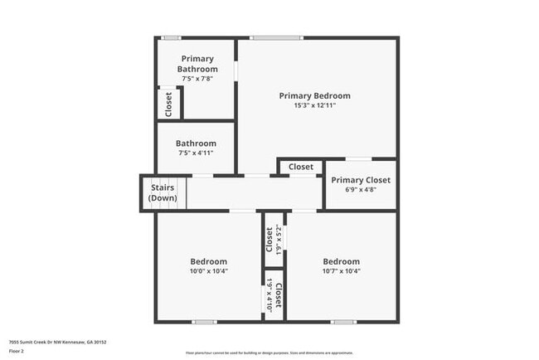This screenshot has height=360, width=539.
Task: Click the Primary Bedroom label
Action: [314, 95]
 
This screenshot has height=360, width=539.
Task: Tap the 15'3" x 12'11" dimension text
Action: [314, 106]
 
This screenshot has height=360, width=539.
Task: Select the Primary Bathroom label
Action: [197, 63]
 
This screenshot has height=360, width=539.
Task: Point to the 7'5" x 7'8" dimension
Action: [197, 79]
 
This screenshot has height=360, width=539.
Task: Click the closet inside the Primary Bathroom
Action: [168, 103]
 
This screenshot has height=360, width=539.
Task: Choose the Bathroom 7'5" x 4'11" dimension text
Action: [197, 153]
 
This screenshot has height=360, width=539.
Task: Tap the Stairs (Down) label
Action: [162, 193]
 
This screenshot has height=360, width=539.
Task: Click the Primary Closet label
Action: [360, 180]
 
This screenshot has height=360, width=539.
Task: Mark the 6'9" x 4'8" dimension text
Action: [360, 190]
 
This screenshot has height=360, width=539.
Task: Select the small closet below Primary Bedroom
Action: [301, 167]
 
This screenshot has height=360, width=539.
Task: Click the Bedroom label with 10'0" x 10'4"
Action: [208, 261]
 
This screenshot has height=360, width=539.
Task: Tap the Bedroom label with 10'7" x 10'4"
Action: [341, 261]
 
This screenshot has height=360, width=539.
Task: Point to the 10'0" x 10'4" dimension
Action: [208, 271]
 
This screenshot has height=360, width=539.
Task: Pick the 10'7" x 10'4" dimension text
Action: [341, 271]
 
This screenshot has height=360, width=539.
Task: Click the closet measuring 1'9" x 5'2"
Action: [274, 240]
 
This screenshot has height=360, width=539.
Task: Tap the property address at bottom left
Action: [57, 342]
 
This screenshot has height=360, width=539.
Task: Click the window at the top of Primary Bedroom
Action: [276, 37]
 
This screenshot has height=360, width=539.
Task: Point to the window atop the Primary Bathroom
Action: [172, 37]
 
